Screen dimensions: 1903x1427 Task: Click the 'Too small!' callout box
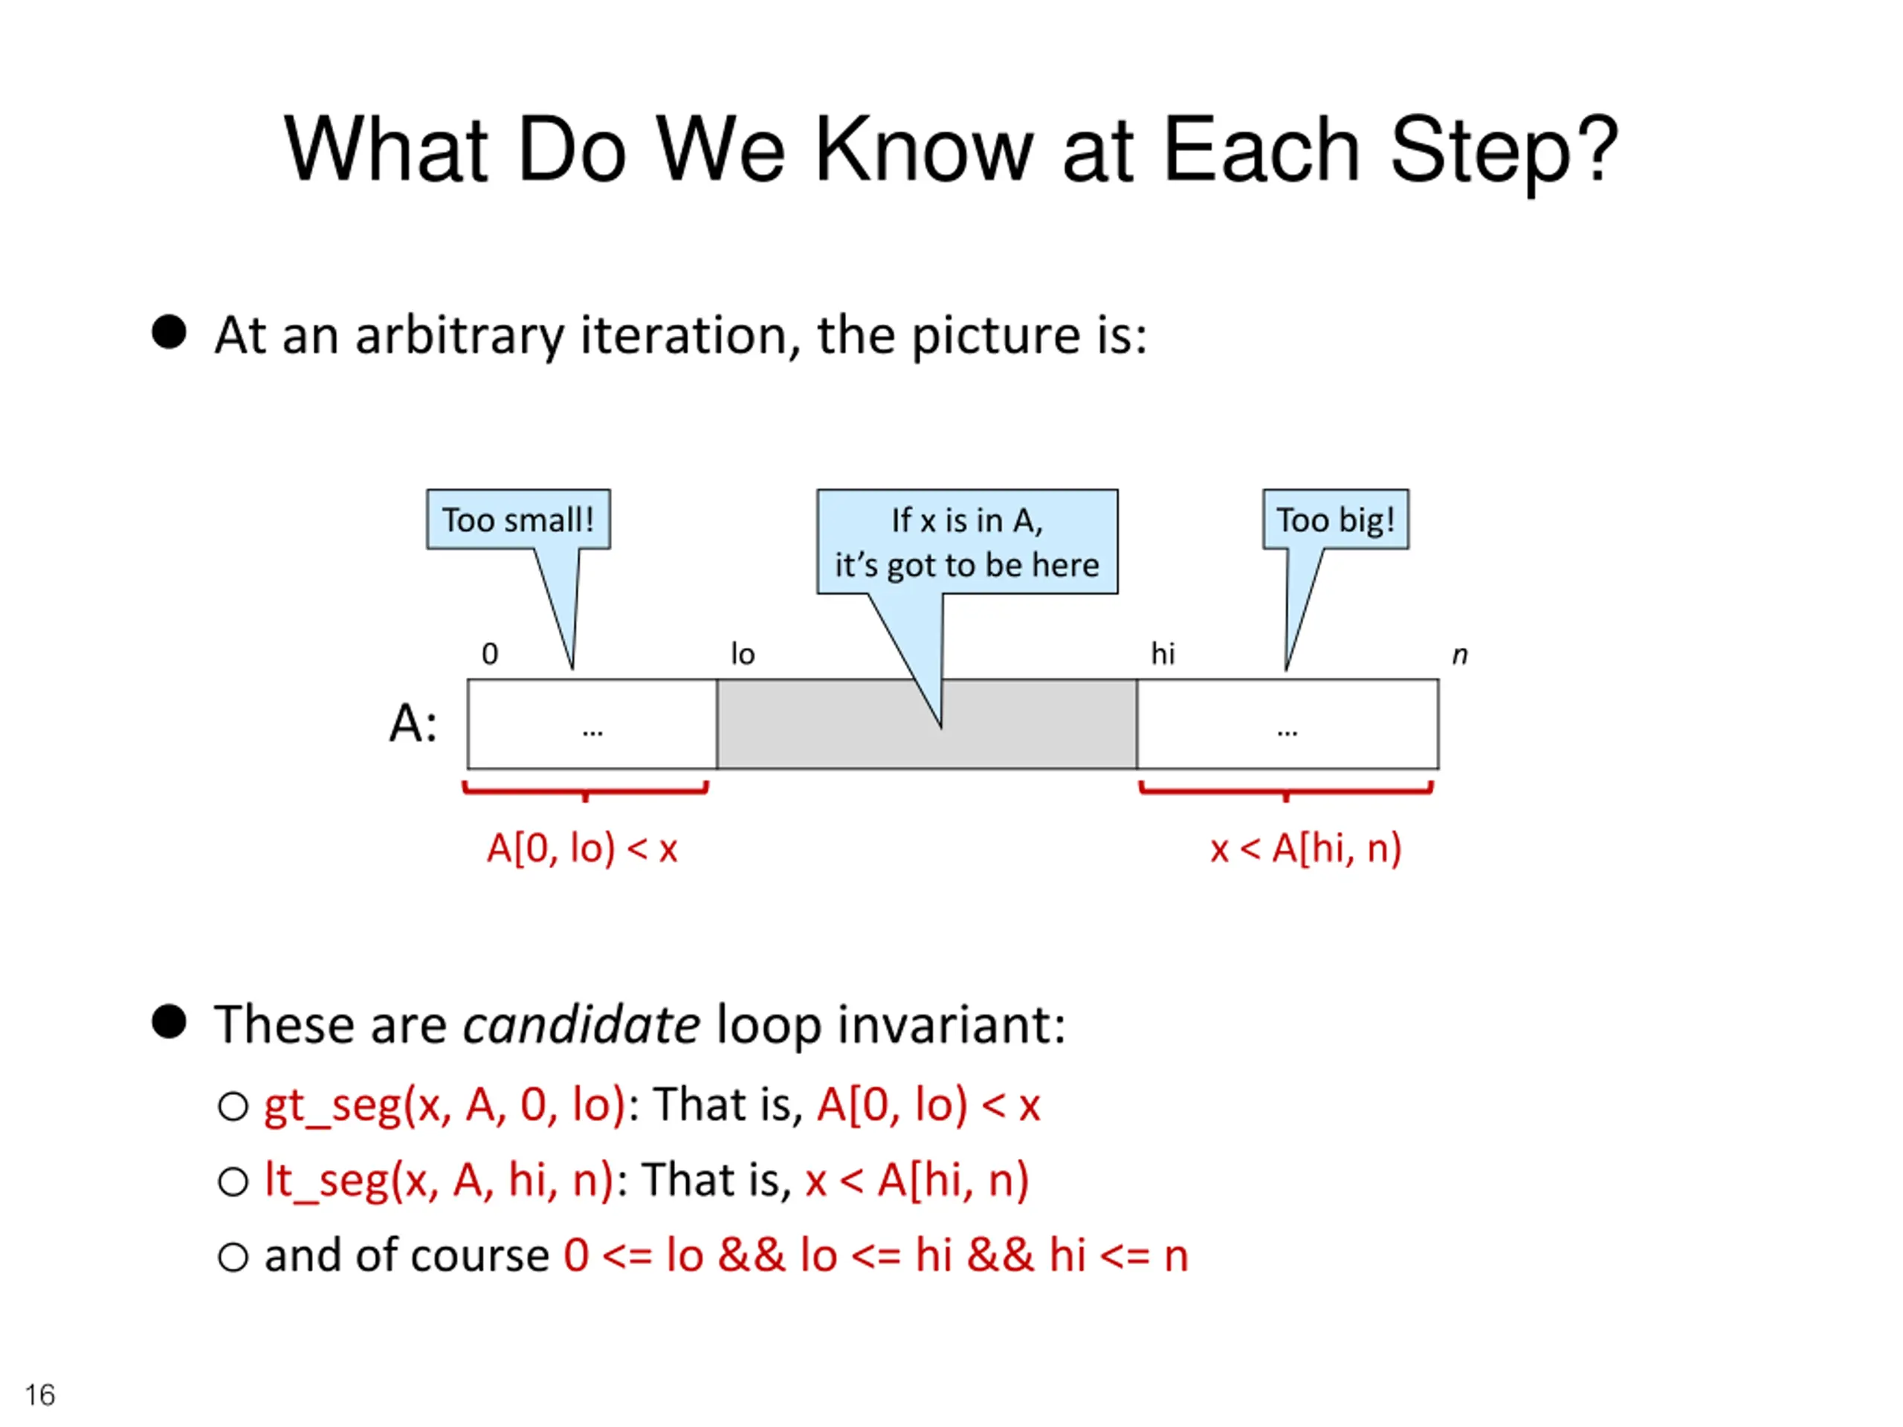click(518, 520)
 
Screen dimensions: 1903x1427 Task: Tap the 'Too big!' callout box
click(1334, 520)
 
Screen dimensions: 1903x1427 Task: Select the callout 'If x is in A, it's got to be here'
click(966, 542)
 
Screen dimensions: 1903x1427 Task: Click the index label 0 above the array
click(490, 655)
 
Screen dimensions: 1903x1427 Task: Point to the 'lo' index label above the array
click(743, 655)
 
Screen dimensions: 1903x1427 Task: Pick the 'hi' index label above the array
click(1163, 655)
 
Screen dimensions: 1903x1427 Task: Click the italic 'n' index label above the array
click(1459, 656)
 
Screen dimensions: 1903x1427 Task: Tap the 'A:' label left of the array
click(413, 722)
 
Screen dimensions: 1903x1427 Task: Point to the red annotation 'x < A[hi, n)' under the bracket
click(1305, 849)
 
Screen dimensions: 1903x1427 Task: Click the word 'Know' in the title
click(923, 151)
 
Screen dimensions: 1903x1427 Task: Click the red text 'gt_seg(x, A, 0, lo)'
click(444, 1104)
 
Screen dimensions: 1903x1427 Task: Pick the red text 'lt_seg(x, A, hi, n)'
click(439, 1180)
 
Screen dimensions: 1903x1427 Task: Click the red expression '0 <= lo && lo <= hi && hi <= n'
click(876, 1255)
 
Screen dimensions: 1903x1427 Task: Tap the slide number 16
click(39, 1394)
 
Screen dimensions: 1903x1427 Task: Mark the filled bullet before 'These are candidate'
click(169, 1022)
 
